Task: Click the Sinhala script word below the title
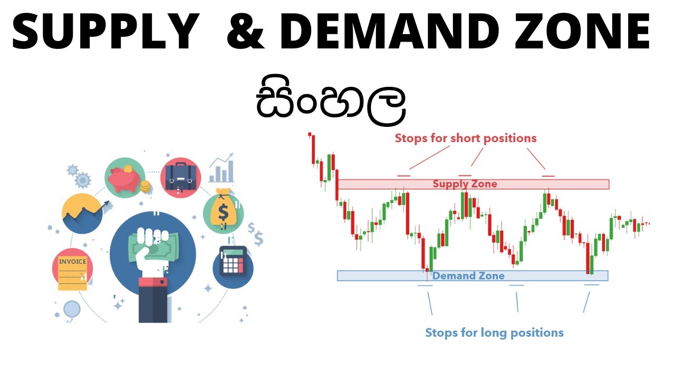pos(331,103)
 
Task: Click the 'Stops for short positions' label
pos(466,138)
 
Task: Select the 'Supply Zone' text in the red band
pos(465,184)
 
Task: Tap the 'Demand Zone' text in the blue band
pos(468,276)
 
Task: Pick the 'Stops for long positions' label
pos(494,333)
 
